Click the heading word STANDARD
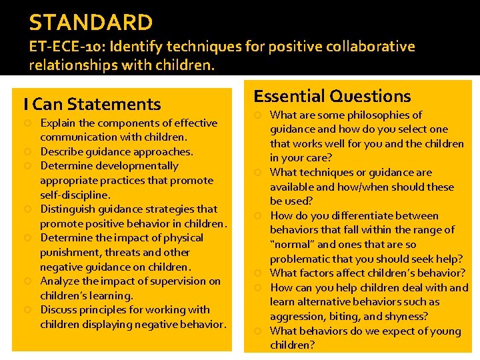[91, 23]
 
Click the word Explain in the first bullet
[58, 123]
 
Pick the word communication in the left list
[75, 137]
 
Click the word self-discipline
[74, 195]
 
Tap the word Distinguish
[67, 209]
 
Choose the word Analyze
[60, 281]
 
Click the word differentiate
[364, 216]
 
